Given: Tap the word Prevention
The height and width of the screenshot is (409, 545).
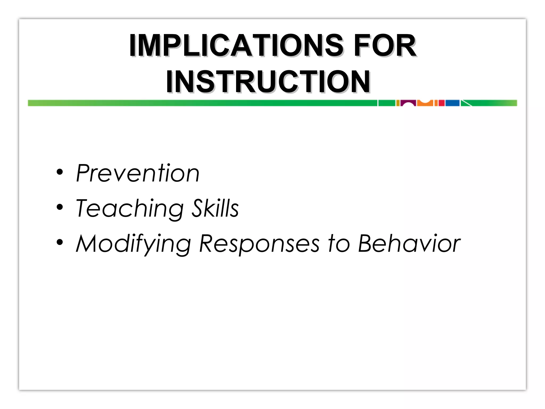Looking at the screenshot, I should (138, 173).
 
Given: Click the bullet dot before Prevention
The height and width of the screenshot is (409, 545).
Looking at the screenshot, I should (60, 172).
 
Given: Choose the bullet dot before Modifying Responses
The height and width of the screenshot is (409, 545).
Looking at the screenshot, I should (60, 242).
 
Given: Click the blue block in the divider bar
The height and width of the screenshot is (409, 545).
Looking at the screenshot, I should (452, 103).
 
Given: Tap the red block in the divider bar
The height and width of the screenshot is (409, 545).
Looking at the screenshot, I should (441, 103).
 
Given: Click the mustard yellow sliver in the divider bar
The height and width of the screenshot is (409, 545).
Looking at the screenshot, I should (398, 103).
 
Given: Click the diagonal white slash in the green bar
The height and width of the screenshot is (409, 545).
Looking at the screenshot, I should (466, 103).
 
